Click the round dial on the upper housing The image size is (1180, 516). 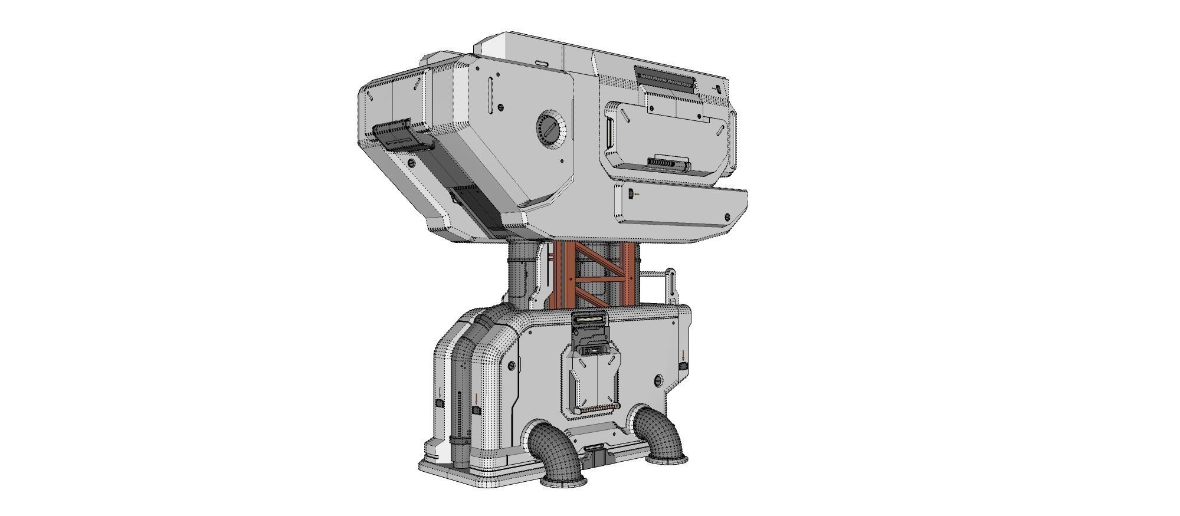[x=550, y=129]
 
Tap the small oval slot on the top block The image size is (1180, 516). [x=542, y=61]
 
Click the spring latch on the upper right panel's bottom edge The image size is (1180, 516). [x=668, y=163]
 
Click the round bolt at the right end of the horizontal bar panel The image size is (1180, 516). [x=727, y=216]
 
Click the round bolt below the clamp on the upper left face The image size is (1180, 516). [x=411, y=162]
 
